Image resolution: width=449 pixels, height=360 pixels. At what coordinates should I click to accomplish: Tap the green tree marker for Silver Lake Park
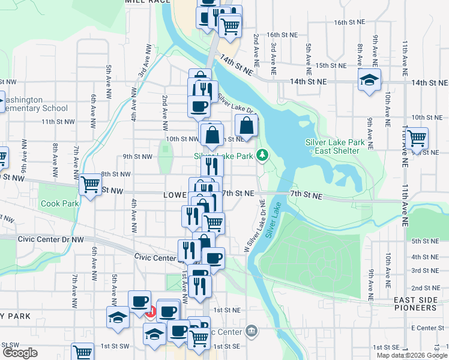pyautogui.click(x=262, y=155)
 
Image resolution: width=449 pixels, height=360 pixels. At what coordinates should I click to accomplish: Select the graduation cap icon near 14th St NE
pyautogui.click(x=369, y=80)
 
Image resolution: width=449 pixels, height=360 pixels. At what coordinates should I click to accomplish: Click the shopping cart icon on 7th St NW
pyautogui.click(x=91, y=184)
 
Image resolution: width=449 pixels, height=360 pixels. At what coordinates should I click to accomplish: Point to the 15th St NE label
pyautogui.click(x=329, y=65)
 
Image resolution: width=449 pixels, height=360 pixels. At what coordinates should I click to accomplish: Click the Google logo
pyautogui.click(x=19, y=353)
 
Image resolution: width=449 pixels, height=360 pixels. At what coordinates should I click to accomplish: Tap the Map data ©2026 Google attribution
pyautogui.click(x=411, y=355)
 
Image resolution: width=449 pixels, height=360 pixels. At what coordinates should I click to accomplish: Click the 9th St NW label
pyautogui.click(x=137, y=157)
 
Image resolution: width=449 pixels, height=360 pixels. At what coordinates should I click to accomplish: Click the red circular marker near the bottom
pyautogui.click(x=150, y=312)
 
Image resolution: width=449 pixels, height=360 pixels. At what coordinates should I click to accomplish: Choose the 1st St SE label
pyautogui.click(x=229, y=347)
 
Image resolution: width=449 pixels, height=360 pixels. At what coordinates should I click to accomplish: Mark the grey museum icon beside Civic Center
pyautogui.click(x=252, y=331)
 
